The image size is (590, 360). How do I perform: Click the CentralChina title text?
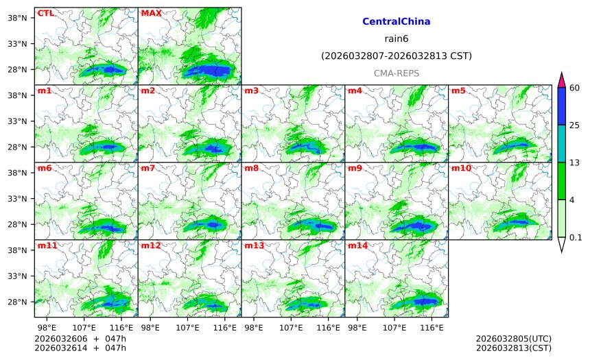point(396,22)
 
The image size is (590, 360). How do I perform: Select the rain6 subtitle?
point(396,38)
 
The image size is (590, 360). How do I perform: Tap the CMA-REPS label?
point(396,73)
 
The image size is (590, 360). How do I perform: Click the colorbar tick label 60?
point(575,88)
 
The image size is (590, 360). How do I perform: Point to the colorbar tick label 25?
point(575,125)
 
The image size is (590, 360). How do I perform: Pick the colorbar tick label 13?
point(575,163)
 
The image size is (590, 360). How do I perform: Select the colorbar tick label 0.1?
point(576,237)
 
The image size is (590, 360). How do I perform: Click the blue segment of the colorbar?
point(561,106)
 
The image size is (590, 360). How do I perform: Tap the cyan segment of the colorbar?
point(561,143)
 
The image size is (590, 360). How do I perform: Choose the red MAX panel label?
point(151,13)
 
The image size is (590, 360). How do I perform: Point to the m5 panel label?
point(458,91)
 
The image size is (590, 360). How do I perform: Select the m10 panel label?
point(461,168)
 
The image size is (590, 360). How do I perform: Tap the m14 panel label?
point(357,245)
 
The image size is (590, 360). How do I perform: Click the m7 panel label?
point(147,168)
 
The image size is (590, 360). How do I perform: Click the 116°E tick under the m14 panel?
point(432,328)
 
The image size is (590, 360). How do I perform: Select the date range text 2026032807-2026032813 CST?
point(396,56)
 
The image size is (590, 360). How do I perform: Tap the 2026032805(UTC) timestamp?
point(513,339)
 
